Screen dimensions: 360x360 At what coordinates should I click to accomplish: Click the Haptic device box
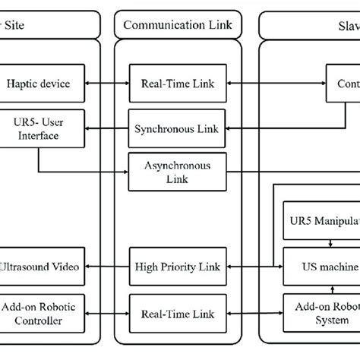tap(41, 84)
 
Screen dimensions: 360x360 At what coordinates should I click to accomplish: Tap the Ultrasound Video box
tap(41, 267)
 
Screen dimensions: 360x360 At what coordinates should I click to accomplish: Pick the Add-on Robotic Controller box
tap(41, 313)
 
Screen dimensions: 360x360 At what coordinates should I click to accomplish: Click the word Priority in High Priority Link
tap(178, 267)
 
